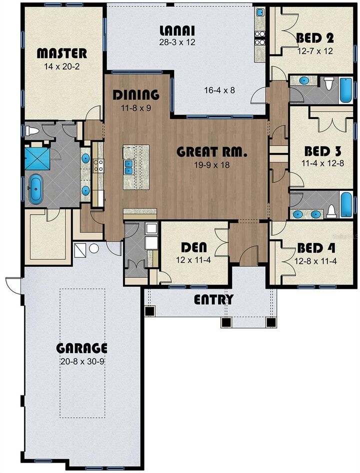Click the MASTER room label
pos(62,53)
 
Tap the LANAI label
pos(177,29)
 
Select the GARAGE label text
pos(81,348)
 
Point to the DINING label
pos(135,94)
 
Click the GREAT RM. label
pos(212,152)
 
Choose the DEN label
pos(194,247)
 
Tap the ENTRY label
pos(213,300)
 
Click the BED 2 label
pos(315,38)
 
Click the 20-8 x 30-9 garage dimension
pos(81,361)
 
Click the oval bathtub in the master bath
pos(36,189)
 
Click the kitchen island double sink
pos(129,166)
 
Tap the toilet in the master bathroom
pos(32,131)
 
